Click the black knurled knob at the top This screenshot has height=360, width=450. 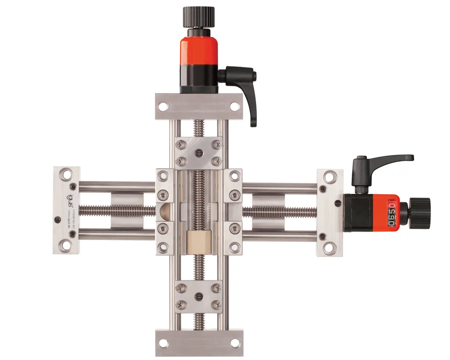[199, 17]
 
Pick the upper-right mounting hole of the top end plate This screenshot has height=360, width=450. [233, 106]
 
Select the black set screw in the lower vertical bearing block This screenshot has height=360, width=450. [198, 296]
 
